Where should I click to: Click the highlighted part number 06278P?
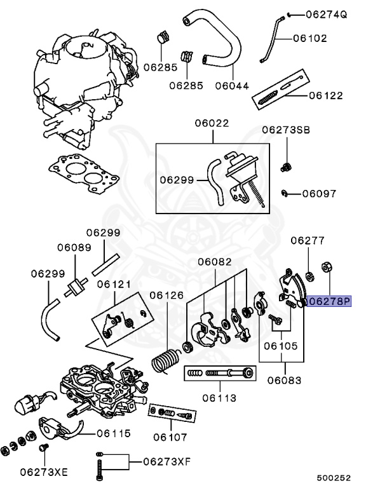329,302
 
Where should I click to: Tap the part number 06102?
309,38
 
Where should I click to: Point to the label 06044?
231,85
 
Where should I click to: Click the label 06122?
325,96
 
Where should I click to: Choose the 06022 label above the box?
212,123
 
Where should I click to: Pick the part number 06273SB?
286,130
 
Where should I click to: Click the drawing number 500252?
334,477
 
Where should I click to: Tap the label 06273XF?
166,461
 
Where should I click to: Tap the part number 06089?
74,247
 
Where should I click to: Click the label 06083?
284,381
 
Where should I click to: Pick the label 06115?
114,434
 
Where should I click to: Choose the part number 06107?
170,437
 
